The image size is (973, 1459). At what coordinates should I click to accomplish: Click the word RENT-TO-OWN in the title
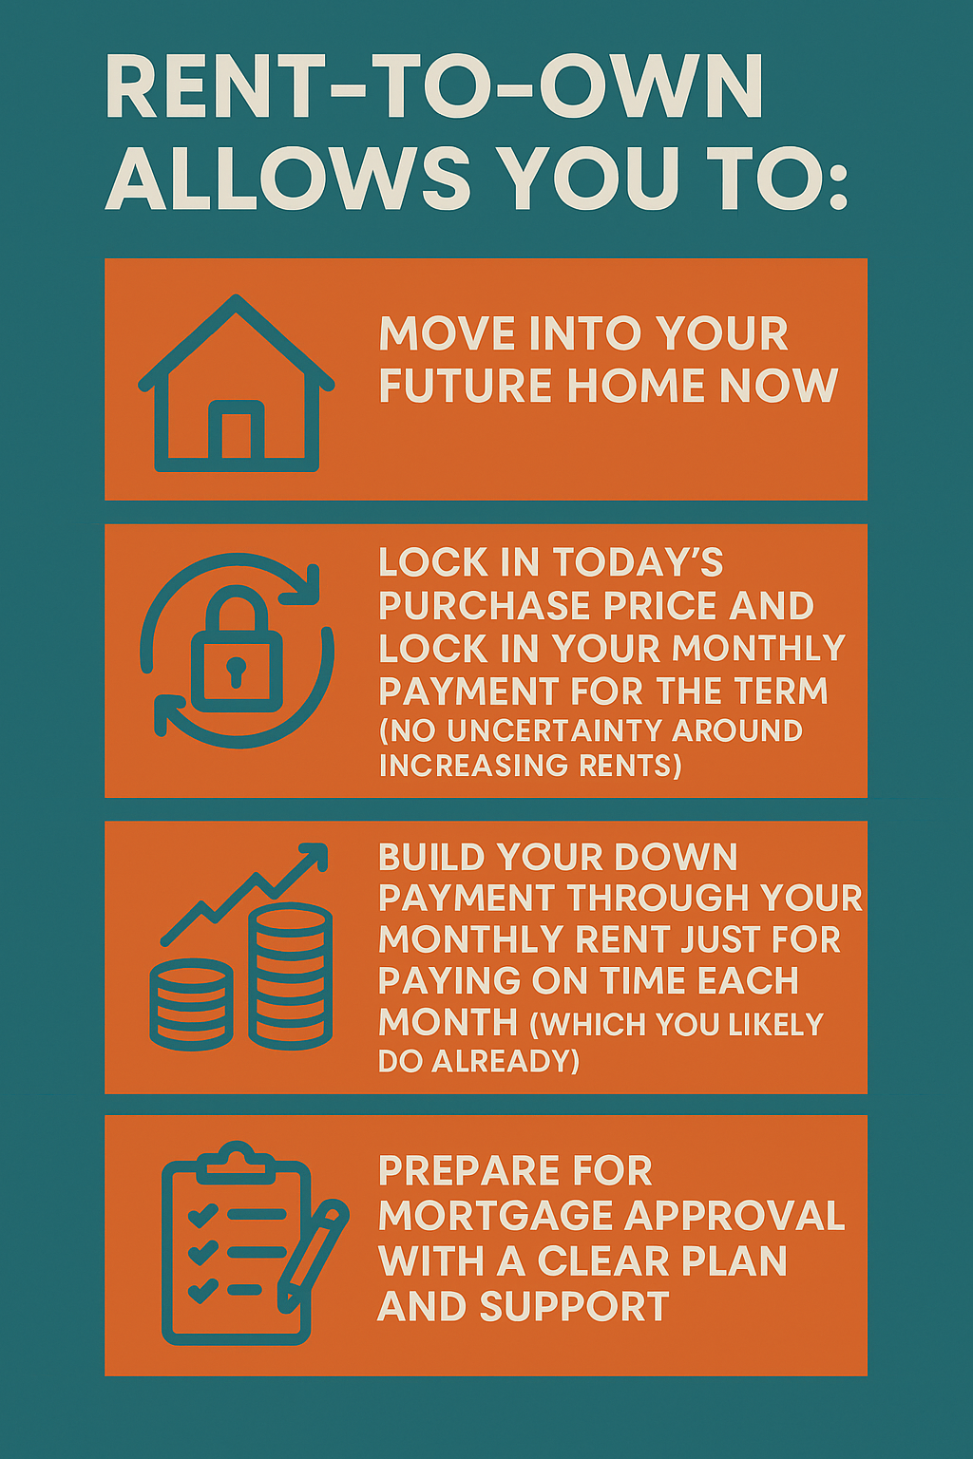(x=433, y=86)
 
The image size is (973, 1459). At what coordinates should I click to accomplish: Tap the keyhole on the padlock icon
(x=236, y=672)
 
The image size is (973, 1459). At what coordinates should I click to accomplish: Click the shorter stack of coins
(x=192, y=1004)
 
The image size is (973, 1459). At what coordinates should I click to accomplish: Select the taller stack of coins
(x=291, y=976)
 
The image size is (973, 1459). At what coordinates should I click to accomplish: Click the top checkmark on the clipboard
(x=202, y=1216)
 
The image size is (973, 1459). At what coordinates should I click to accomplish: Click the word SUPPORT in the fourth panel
(x=574, y=1307)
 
